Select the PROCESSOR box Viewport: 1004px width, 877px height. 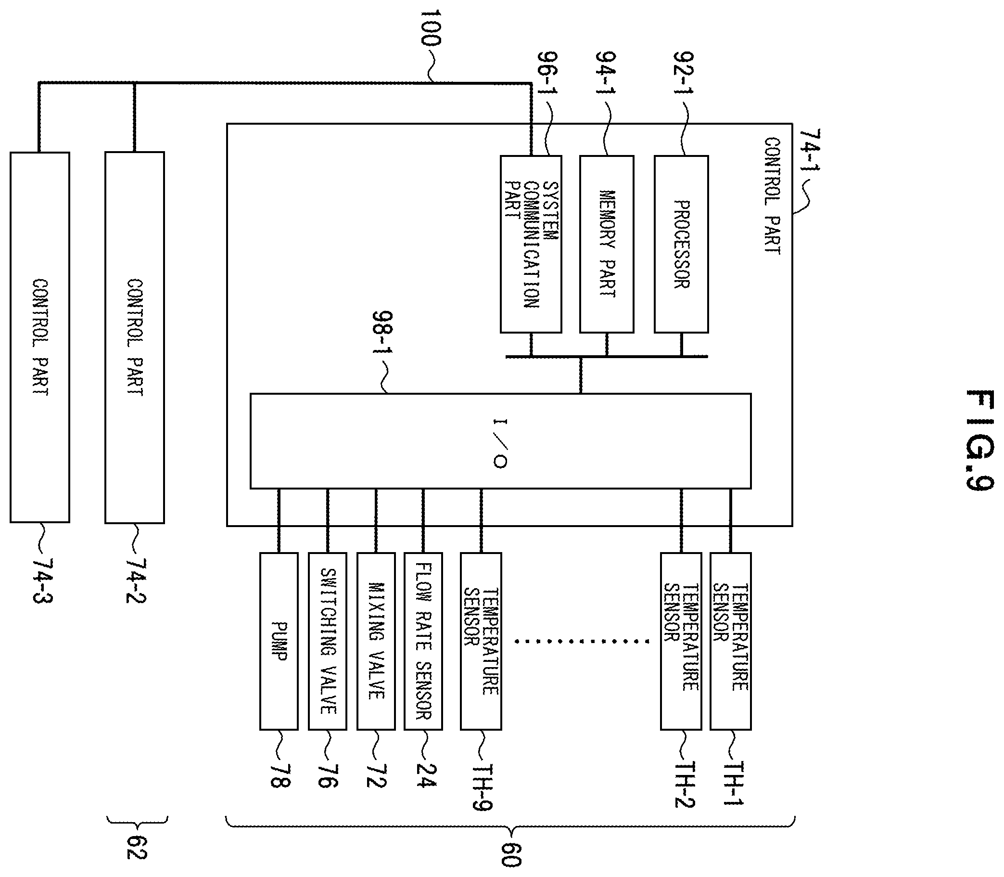point(681,244)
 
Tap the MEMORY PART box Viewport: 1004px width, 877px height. point(607,244)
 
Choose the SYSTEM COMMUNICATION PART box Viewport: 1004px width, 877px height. point(531,244)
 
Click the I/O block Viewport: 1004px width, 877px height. point(500,441)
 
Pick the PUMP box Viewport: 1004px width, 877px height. point(279,641)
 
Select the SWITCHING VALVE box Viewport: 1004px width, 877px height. point(328,641)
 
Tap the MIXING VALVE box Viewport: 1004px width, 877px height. point(376,641)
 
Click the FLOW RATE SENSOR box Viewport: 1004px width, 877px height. point(423,641)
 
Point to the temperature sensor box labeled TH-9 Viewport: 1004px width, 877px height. point(481,641)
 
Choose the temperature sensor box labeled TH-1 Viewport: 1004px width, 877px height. point(731,641)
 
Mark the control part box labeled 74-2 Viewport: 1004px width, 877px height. point(135,337)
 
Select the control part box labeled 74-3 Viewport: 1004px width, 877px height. point(39,337)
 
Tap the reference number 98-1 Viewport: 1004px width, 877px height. point(383,333)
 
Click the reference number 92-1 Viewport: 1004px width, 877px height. point(683,75)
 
